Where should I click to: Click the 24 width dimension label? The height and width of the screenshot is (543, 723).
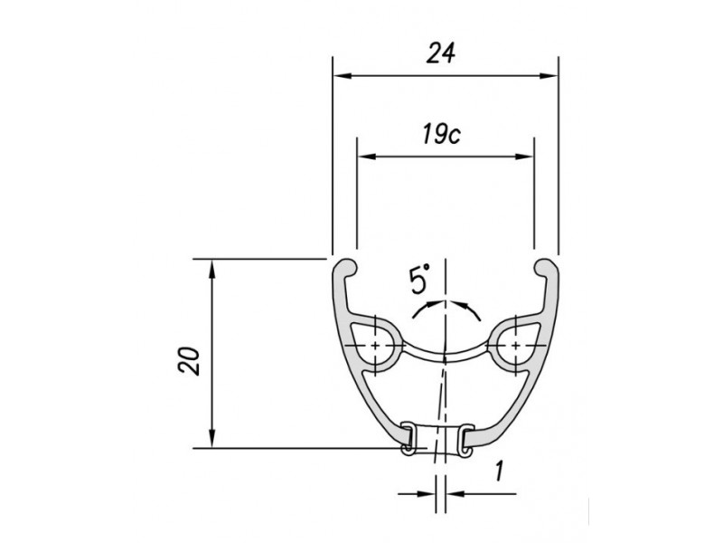pos(441,52)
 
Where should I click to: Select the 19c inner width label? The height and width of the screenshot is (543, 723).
pos(441,134)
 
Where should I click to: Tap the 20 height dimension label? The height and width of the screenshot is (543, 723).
pos(189,360)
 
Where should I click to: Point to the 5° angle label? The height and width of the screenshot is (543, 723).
pos(419,279)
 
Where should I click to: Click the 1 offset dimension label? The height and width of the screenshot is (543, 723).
pos(498,472)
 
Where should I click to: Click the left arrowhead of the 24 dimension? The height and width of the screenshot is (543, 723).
pos(343,76)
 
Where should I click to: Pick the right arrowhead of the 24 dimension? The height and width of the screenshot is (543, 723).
pos(549,76)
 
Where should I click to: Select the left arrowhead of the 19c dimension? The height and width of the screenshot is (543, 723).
pos(367,157)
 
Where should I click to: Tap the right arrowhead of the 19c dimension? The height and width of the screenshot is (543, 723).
pos(524,157)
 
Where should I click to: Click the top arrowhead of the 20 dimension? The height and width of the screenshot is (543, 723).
pos(212,269)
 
